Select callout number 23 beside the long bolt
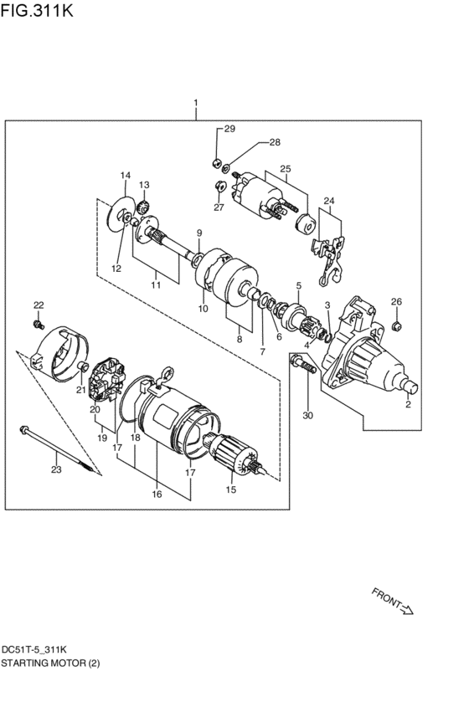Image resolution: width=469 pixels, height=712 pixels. (x=56, y=469)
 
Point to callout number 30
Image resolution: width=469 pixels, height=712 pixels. (x=307, y=416)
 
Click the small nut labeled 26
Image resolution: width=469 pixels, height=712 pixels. (x=397, y=320)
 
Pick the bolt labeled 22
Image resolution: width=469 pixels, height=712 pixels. (x=39, y=322)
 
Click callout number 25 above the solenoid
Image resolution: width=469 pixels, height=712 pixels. (x=285, y=169)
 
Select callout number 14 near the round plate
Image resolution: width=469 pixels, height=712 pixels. (x=125, y=175)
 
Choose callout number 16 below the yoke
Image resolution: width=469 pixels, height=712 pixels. (x=156, y=494)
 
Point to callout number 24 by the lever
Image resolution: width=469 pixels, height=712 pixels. (x=328, y=202)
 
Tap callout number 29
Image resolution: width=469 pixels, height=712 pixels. (x=229, y=129)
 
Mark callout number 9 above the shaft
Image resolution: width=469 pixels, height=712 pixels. (x=199, y=233)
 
